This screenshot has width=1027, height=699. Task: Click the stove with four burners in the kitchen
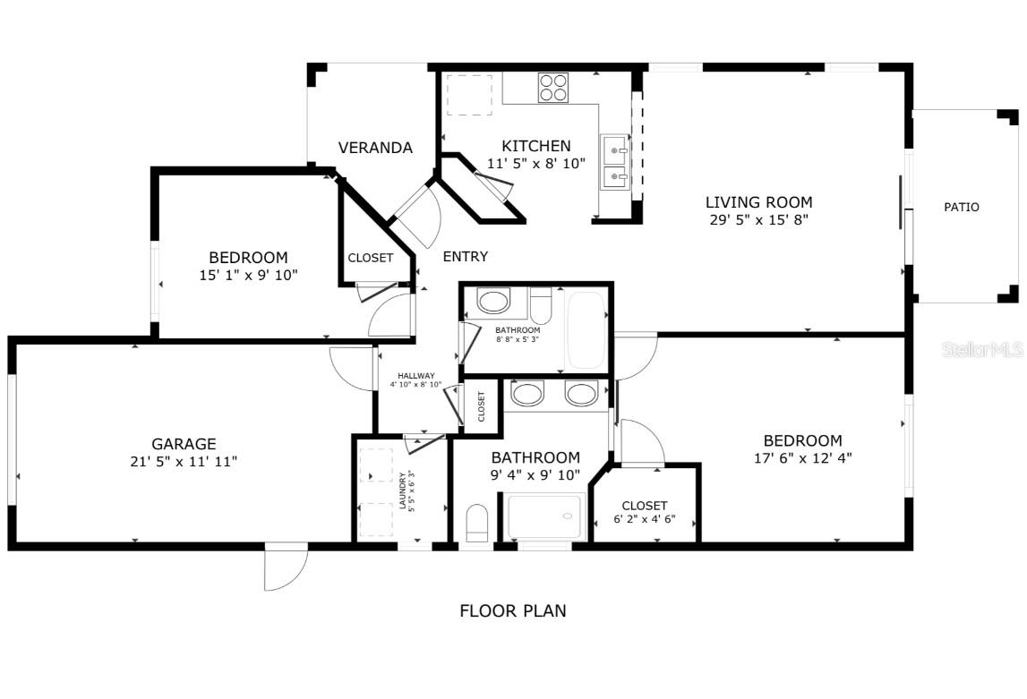click(x=552, y=87)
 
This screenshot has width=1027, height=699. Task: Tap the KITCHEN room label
click(x=535, y=146)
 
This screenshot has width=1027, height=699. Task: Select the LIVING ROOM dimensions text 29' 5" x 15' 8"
click(x=758, y=219)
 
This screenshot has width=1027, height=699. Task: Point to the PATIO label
click(x=962, y=207)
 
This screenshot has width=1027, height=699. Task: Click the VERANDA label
click(x=375, y=148)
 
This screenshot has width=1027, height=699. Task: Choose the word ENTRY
click(x=466, y=257)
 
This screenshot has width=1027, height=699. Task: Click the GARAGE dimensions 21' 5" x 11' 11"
click(x=183, y=461)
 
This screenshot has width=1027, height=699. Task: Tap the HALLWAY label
click(x=416, y=376)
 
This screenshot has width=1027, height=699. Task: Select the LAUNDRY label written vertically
click(x=402, y=491)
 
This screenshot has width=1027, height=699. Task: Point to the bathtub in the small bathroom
click(x=586, y=330)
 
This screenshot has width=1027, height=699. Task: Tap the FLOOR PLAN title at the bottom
click(x=512, y=611)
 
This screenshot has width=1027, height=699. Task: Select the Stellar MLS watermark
click(x=982, y=350)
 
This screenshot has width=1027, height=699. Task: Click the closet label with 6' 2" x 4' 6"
click(x=645, y=506)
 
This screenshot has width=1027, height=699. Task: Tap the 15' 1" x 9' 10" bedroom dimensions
click(x=248, y=276)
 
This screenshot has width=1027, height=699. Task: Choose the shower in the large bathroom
click(x=544, y=517)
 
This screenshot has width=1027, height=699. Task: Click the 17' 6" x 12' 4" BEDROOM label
click(x=802, y=440)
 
